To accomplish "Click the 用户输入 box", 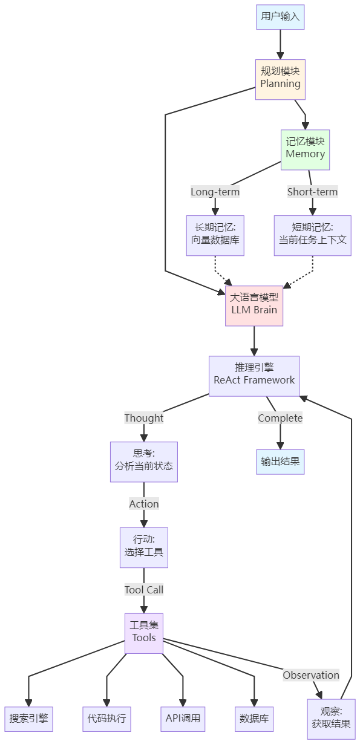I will click(280, 17).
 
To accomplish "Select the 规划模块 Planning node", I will click(280, 79).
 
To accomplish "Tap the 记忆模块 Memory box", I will click(306, 148).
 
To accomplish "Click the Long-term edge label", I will click(215, 192).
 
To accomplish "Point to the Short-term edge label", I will click(312, 192).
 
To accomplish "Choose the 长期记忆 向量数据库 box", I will click(215, 235).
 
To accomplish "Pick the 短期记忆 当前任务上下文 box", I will click(312, 235).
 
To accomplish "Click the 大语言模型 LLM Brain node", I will click(254, 304).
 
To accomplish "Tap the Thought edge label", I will click(144, 418).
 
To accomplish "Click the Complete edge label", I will click(280, 418).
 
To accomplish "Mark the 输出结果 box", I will click(280, 462).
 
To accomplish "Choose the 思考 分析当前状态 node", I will click(144, 462).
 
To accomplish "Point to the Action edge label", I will click(144, 504).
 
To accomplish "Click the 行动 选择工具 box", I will click(144, 547).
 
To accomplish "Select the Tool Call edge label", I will click(144, 590).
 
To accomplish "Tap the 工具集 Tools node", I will click(144, 633).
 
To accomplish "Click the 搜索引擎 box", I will click(28, 719).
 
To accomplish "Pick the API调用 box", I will click(183, 719).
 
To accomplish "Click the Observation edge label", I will click(311, 675).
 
